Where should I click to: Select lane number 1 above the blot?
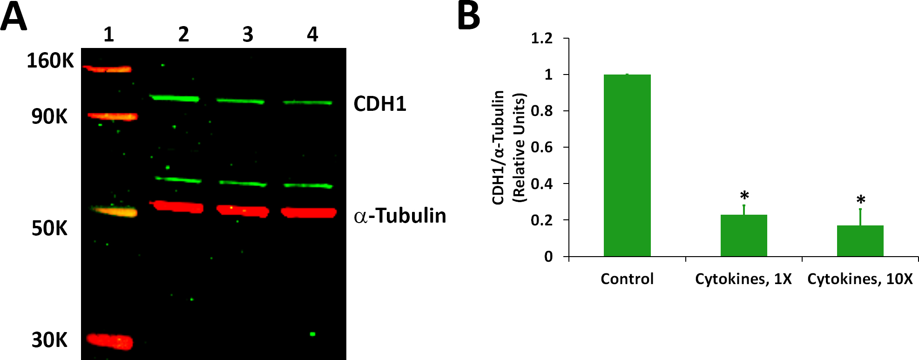108,34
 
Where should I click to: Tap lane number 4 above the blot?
312,34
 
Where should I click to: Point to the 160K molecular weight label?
50,61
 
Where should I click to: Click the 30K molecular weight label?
49,340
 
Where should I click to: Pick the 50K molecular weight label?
49,229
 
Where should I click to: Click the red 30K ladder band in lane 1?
110,341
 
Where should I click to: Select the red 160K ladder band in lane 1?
107,69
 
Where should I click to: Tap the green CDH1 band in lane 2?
174,98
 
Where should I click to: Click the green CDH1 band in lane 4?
308,102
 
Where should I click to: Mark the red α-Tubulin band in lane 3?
243,211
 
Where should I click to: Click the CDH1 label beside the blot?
380,104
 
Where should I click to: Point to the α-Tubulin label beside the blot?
400,216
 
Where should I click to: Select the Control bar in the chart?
627,165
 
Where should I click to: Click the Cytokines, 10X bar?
860,241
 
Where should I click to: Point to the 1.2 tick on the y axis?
542,39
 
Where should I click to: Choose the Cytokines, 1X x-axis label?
743,279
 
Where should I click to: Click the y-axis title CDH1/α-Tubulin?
499,147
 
